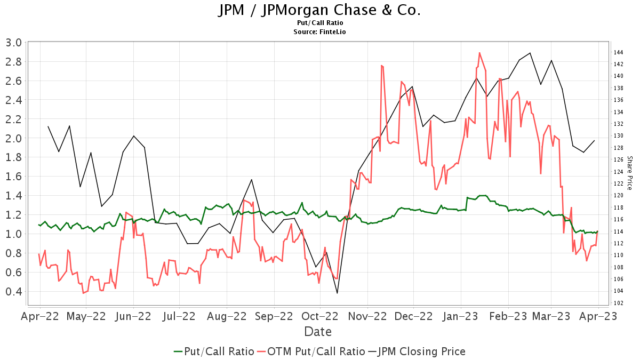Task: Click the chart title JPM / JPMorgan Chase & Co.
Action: [319, 10]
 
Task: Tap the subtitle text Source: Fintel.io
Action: [319, 31]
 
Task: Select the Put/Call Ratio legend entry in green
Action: [214, 351]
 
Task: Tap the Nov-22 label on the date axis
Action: [367, 316]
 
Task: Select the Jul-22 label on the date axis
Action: [179, 316]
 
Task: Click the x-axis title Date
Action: [318, 332]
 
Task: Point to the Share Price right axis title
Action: [629, 173]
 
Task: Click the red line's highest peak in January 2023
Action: [479, 53]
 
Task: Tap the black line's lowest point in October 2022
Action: [337, 293]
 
